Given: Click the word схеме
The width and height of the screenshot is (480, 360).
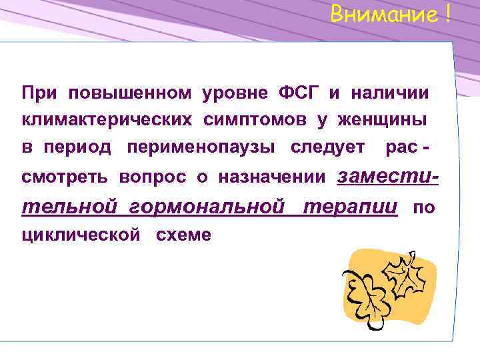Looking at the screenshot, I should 183,235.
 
